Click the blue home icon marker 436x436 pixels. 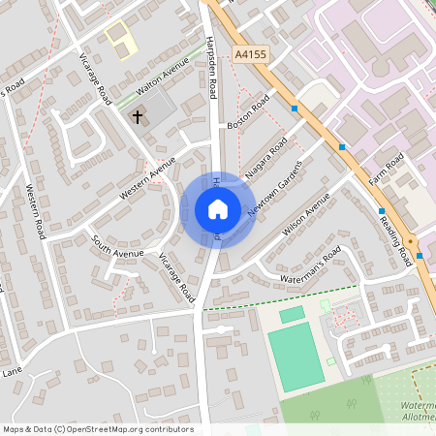tap(218, 209)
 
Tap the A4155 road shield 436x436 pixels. tap(249, 57)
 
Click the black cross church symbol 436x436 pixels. tap(138, 116)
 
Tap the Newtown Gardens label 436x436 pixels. tap(275, 187)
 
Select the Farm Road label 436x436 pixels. tap(385, 171)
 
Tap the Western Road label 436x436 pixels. tap(37, 212)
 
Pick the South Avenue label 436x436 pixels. tap(117, 246)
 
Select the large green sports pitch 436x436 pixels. tap(296, 356)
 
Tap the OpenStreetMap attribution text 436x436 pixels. tap(98, 429)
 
